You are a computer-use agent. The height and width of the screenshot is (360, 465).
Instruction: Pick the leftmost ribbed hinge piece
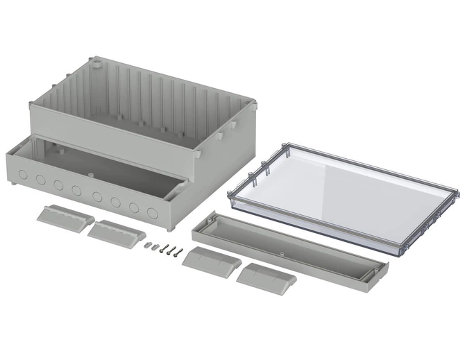tap(65, 215)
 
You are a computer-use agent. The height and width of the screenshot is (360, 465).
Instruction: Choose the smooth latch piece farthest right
tap(266, 277)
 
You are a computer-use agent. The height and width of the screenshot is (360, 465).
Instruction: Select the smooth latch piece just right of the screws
tap(211, 262)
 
